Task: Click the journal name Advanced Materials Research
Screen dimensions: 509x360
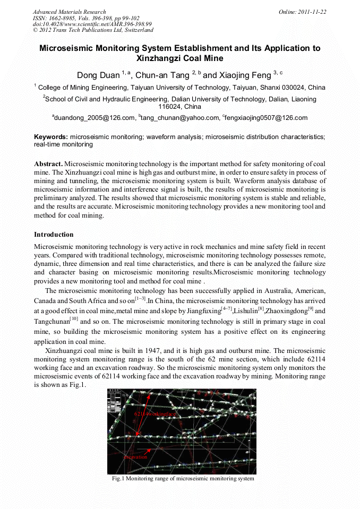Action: [x=69, y=12]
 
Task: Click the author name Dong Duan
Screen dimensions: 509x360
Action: [x=98, y=75]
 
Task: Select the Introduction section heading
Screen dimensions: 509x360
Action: [x=54, y=235]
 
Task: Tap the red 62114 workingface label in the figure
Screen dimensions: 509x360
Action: [x=155, y=413]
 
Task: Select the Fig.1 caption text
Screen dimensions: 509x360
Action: [x=183, y=479]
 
